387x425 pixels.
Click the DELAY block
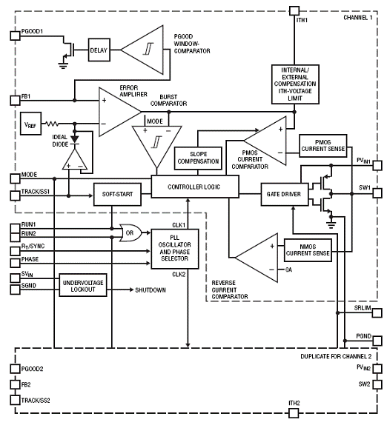tap(99, 50)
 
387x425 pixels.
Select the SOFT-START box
tap(117, 194)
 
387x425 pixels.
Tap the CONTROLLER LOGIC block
tap(195, 187)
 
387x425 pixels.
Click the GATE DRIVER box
tap(285, 194)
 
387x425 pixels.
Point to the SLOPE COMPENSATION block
tap(198, 158)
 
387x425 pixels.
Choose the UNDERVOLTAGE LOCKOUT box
tap(83, 285)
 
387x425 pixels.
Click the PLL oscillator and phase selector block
tap(174, 249)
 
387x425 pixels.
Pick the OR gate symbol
tap(130, 232)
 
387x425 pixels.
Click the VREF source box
tap(30, 124)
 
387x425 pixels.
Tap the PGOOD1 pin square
tap(15, 36)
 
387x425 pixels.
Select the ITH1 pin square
tap(294, 11)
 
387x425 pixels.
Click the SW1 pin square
tap(377, 193)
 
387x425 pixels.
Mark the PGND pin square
tap(377, 341)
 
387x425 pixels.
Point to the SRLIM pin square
tap(377, 312)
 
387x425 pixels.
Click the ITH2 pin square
tap(294, 413)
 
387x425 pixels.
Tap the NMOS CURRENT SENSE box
tap(308, 250)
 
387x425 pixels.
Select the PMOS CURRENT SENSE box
tap(323, 146)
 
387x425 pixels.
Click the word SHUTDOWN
tap(150, 290)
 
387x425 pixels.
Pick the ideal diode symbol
tap(75, 140)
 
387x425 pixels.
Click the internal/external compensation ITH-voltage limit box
tap(295, 84)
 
